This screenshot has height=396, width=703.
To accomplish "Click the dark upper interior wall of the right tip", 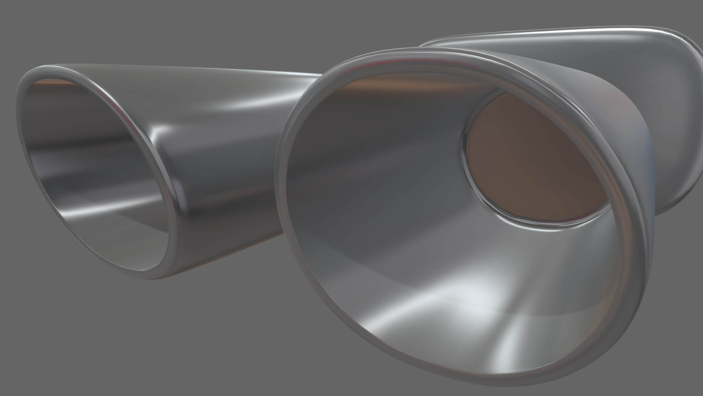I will [x=366, y=121].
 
